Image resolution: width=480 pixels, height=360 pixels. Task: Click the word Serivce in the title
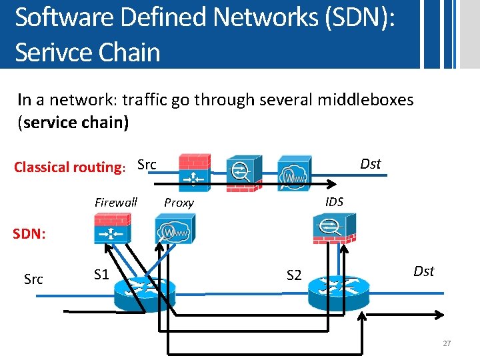[51, 52]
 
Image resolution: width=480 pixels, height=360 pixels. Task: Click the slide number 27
[447, 343]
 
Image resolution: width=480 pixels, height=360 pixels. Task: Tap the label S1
[102, 274]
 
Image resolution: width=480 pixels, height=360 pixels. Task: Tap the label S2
[294, 274]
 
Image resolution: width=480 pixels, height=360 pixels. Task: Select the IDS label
[334, 201]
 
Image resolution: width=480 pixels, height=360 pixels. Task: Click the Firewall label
[116, 202]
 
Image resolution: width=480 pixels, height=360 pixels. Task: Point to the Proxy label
[179, 203]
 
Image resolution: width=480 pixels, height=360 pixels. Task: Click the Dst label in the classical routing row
[370, 164]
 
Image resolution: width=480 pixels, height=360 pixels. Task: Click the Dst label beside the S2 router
[424, 271]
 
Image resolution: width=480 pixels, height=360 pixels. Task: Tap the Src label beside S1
[33, 279]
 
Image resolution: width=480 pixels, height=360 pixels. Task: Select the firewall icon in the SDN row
[112, 229]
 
